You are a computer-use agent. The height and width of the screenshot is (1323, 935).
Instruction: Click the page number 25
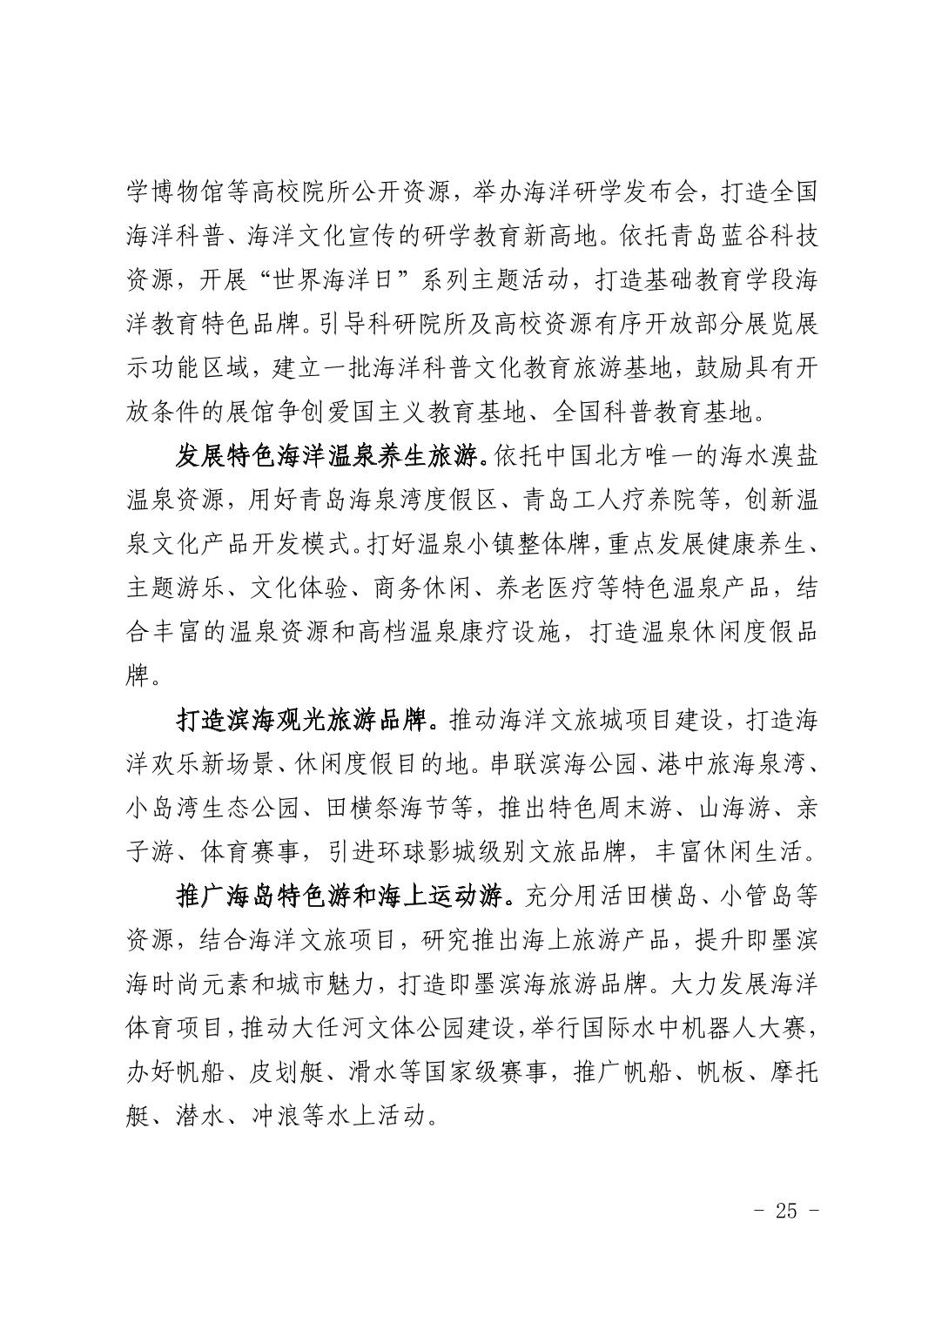pyautogui.click(x=785, y=1211)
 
